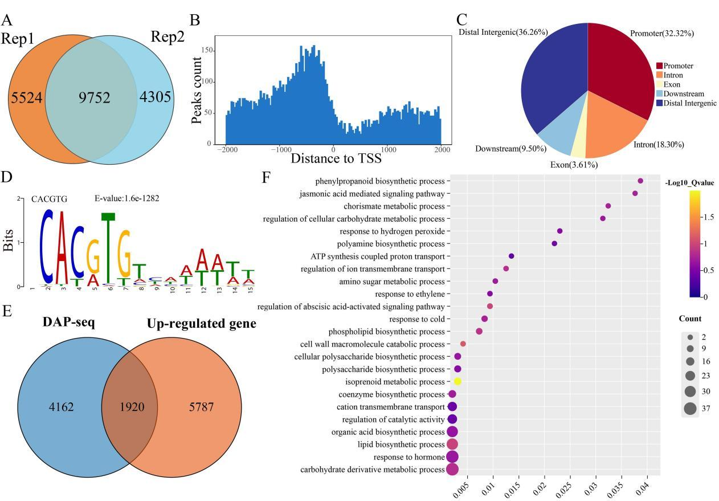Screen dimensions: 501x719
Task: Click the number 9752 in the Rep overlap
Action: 95,97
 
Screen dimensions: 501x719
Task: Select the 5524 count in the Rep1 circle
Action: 27,97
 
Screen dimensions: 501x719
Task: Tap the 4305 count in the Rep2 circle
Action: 155,97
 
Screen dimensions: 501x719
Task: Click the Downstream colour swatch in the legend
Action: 659,93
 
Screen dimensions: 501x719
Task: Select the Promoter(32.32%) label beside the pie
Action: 661,34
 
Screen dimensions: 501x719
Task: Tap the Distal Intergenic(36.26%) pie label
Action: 503,32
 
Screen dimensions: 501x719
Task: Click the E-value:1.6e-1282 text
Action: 127,199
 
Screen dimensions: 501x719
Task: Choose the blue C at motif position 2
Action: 48,246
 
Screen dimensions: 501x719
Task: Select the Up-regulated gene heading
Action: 201,324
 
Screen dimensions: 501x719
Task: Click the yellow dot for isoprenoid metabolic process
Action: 457,381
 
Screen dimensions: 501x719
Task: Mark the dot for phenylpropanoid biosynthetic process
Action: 640,181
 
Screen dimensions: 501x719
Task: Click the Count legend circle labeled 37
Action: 690,408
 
